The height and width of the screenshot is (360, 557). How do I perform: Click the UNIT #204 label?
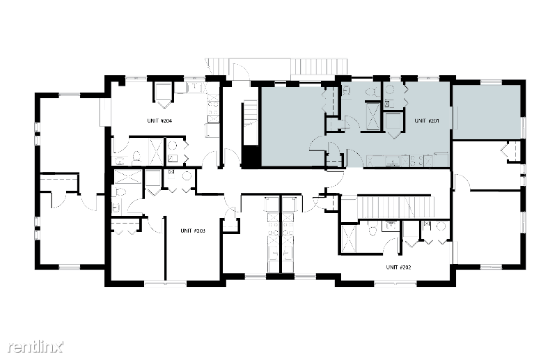click(x=159, y=121)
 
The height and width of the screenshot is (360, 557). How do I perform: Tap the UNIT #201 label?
click(x=427, y=121)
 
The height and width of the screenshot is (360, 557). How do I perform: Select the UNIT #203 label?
click(x=193, y=230)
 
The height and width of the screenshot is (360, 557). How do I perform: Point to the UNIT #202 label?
click(x=398, y=267)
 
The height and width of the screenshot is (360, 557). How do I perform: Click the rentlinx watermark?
click(x=36, y=347)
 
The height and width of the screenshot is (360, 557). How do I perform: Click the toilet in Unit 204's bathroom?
click(x=136, y=157)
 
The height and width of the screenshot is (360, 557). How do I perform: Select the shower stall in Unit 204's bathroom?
click(x=156, y=152)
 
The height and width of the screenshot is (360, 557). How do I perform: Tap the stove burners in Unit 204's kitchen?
click(x=213, y=105)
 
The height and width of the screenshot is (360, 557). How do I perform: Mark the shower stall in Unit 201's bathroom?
click(x=372, y=116)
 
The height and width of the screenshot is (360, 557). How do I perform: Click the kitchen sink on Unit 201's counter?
click(x=393, y=162)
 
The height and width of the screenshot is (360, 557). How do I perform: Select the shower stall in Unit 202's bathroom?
click(x=348, y=238)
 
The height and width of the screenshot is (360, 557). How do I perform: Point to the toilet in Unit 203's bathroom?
click(x=120, y=192)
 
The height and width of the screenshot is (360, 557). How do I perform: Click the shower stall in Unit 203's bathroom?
click(x=128, y=177)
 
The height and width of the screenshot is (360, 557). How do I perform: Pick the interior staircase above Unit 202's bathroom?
click(x=395, y=207)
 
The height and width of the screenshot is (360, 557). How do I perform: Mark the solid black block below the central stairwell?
click(x=251, y=156)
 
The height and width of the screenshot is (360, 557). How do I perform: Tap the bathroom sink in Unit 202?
click(x=391, y=226)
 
